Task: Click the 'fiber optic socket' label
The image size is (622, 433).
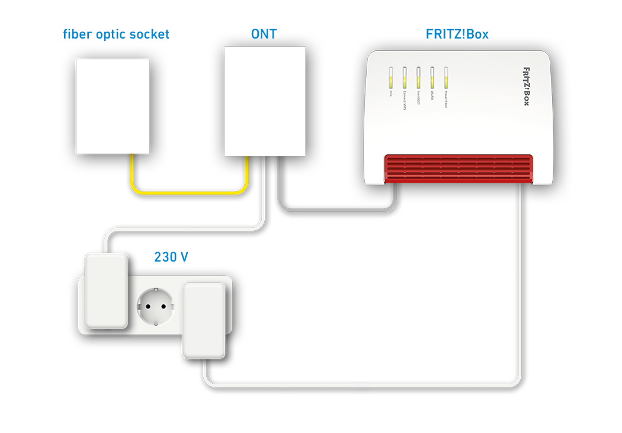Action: coord(116,34)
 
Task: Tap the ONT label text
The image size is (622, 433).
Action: coord(264,34)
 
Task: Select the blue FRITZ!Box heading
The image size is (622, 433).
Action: coord(457,34)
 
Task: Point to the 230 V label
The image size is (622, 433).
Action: coord(171,257)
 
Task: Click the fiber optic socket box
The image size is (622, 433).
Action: coord(113,106)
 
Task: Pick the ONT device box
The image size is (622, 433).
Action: coord(265,101)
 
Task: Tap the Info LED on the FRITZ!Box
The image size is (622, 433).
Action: coord(391,77)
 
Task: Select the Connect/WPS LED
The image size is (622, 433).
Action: coord(405,77)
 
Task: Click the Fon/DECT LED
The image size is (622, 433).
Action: coord(418,77)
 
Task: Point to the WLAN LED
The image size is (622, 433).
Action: coord(432,77)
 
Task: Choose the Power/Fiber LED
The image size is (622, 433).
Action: coord(446,77)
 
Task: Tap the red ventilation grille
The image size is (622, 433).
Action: coord(458,169)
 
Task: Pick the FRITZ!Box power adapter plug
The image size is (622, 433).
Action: coord(204,321)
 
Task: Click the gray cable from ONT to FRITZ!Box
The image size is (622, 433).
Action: coord(332,208)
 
